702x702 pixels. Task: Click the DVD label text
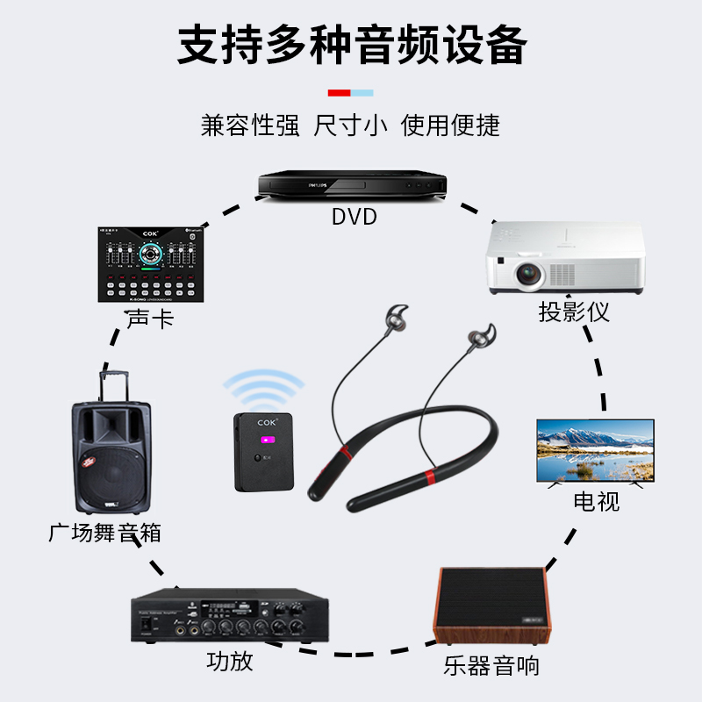[354, 216]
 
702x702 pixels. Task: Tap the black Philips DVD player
[352, 185]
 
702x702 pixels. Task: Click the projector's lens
[529, 275]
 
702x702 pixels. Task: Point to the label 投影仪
[574, 312]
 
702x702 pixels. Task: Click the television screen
[595, 448]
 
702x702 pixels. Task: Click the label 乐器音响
[491, 665]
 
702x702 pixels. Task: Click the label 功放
[230, 660]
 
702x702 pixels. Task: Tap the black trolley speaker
[111, 456]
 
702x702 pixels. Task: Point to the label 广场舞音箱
[104, 532]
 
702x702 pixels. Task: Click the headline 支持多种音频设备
[351, 44]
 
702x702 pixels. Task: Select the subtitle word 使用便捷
[450, 125]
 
